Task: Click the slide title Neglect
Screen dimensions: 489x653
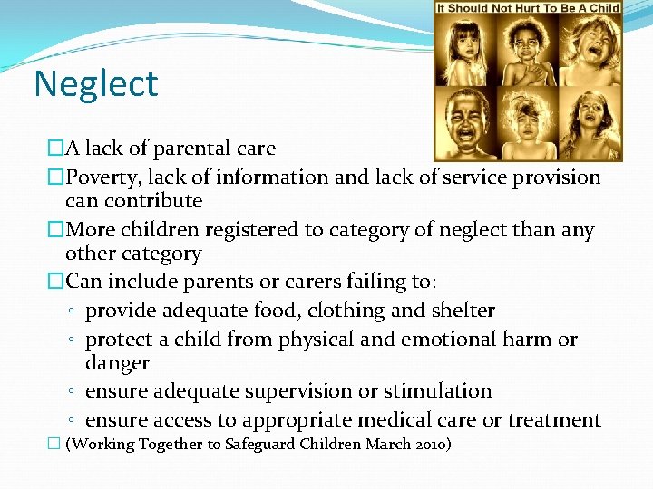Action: click(95, 84)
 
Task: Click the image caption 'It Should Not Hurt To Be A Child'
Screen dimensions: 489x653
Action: click(528, 8)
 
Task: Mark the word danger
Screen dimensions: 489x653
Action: click(117, 363)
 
